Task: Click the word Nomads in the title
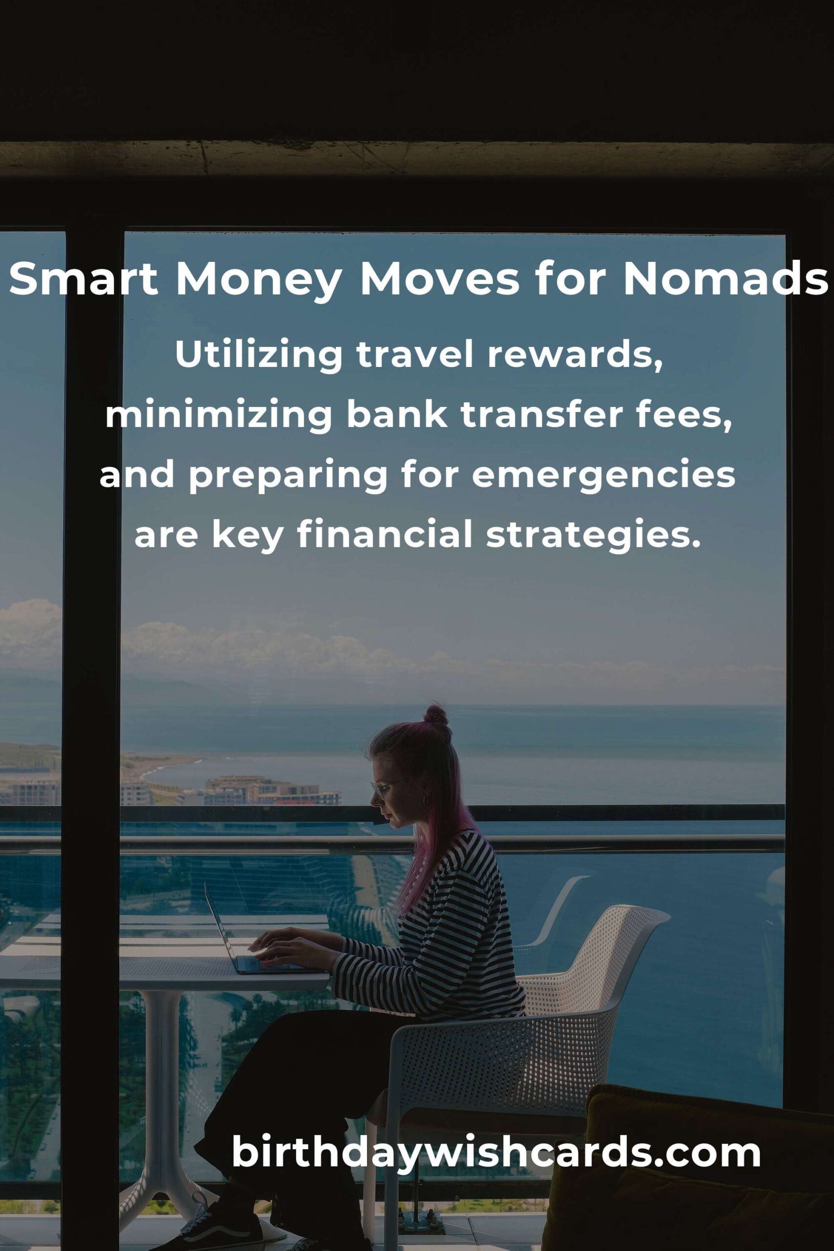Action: (x=726, y=279)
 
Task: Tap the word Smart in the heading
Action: (x=84, y=279)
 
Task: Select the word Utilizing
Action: (x=258, y=355)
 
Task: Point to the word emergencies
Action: (x=603, y=475)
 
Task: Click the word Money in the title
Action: (x=258, y=279)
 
